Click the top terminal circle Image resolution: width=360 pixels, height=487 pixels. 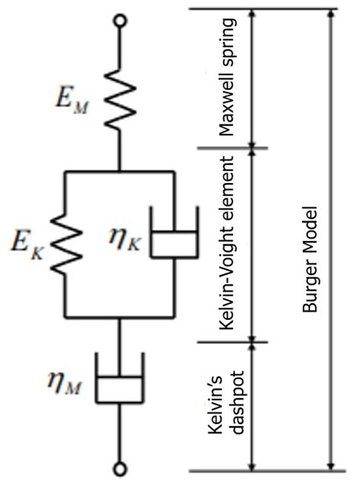click(120, 21)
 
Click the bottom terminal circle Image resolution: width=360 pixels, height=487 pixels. click(120, 469)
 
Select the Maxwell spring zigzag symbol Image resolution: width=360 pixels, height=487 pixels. click(120, 99)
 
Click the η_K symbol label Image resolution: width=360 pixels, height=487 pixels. click(125, 240)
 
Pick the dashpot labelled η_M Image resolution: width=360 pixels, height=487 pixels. click(120, 378)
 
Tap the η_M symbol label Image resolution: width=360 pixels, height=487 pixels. click(65, 383)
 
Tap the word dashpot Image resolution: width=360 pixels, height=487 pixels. click(238, 402)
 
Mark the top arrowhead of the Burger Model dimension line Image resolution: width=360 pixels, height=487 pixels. click(331, 13)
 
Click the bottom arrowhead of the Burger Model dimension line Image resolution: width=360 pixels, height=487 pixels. click(331, 466)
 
